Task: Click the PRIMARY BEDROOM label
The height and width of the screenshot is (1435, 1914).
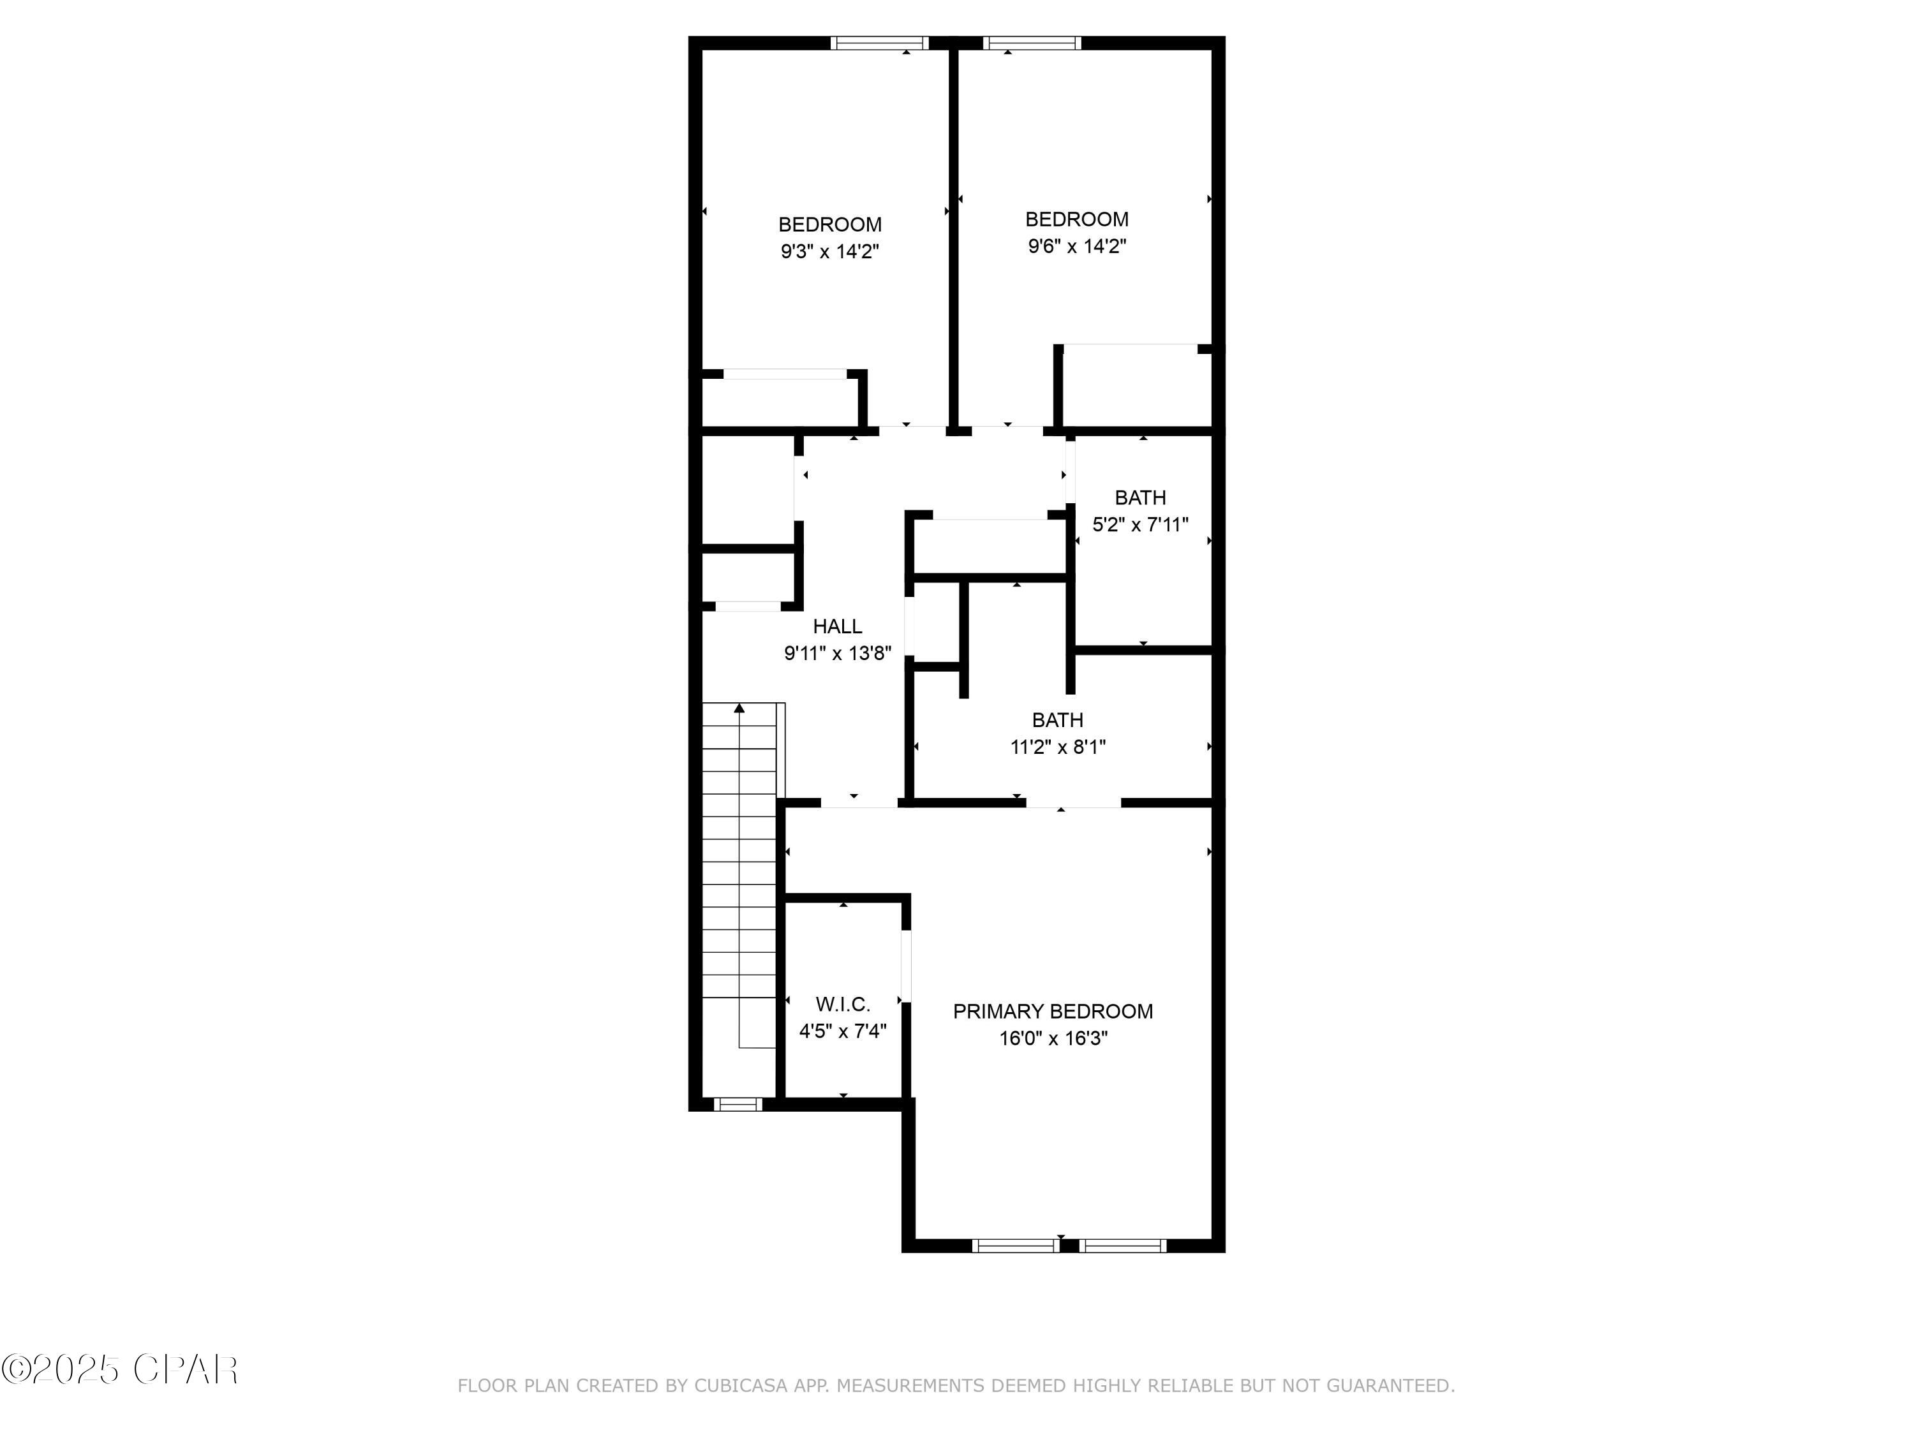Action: [x=1052, y=1011]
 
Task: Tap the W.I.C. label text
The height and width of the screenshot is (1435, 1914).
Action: [x=843, y=1004]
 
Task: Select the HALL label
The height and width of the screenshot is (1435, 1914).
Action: [x=836, y=626]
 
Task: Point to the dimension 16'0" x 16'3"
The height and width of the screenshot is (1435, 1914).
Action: [x=1053, y=1038]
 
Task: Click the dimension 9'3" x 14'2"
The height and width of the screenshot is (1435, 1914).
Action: [x=830, y=252]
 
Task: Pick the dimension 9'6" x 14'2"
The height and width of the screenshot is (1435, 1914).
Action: [x=1076, y=247]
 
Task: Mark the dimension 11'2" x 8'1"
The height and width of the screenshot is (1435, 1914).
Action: [x=1057, y=746]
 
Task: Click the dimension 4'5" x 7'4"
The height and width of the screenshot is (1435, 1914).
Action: [x=843, y=1031]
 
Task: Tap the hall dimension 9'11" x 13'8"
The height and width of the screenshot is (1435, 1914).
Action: [x=836, y=653]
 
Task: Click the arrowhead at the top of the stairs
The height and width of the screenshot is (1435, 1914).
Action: [x=739, y=709]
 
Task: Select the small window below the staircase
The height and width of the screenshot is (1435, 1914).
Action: [x=738, y=1104]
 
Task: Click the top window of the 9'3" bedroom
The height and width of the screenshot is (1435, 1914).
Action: [x=879, y=42]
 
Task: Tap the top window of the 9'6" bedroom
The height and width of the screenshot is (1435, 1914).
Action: [x=1032, y=42]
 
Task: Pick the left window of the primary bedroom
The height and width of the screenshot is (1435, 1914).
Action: [x=1015, y=1246]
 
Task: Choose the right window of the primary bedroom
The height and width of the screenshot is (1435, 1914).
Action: [x=1122, y=1246]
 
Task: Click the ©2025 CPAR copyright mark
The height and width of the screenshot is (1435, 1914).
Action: [x=119, y=1369]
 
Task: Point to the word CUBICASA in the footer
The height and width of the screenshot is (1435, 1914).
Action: [x=740, y=1386]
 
